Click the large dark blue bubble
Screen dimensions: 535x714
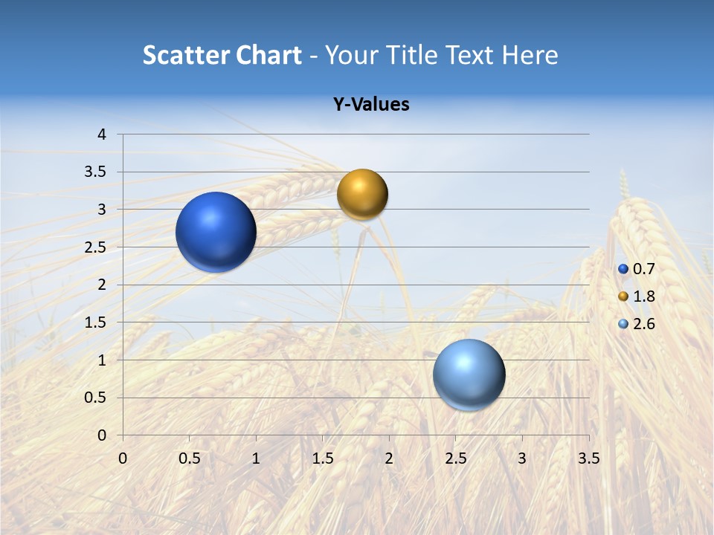[216, 232]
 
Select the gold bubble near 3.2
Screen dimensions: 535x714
[362, 195]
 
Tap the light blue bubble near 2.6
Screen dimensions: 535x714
[469, 374]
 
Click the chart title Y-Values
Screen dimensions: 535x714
[370, 105]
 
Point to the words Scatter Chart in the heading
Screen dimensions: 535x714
[222, 55]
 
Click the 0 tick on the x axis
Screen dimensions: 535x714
[123, 458]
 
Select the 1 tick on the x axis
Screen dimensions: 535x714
[256, 458]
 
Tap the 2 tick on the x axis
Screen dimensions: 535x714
[389, 458]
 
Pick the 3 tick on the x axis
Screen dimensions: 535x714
[522, 458]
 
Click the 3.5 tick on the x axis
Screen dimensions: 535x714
[588, 458]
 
